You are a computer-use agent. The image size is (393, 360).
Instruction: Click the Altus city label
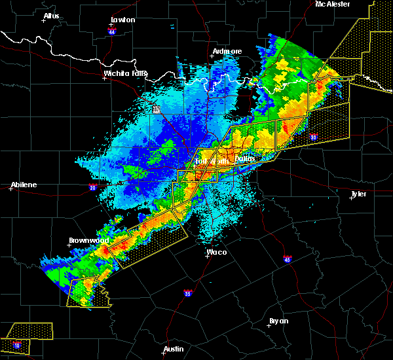51,16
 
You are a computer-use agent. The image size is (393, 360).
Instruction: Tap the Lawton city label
122,20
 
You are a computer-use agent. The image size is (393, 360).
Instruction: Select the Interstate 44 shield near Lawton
113,31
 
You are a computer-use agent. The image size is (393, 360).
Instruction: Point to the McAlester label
332,4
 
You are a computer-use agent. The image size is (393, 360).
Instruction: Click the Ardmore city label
227,51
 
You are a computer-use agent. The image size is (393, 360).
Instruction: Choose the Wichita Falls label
126,73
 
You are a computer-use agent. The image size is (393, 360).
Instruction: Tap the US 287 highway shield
157,109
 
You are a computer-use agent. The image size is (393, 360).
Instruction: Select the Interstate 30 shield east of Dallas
314,137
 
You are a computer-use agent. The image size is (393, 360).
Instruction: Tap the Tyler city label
358,194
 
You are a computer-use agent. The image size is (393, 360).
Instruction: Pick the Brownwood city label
88,240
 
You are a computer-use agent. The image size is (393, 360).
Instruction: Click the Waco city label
217,251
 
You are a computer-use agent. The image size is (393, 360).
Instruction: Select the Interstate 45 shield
287,259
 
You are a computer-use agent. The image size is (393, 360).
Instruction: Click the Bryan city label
279,321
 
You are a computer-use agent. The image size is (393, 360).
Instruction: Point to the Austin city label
174,349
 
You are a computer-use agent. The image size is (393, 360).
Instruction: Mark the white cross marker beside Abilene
11,189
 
